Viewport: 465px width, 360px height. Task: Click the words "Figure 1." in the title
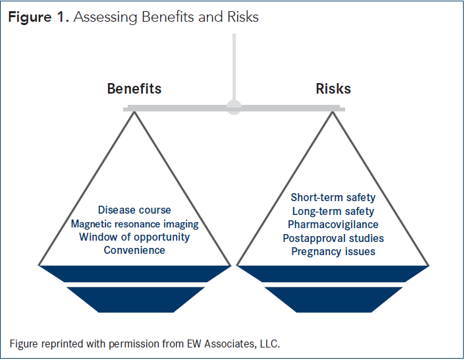pyautogui.click(x=38, y=18)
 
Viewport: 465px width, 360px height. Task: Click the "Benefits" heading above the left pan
pyautogui.click(x=134, y=89)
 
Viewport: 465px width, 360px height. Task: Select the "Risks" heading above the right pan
pyautogui.click(x=333, y=89)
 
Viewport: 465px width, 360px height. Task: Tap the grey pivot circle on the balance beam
pyautogui.click(x=234, y=107)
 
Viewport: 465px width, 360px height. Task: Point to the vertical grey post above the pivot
pyautogui.click(x=234, y=66)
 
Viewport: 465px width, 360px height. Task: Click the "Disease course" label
pyautogui.click(x=134, y=210)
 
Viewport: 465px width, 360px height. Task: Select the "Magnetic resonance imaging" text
pyautogui.click(x=134, y=224)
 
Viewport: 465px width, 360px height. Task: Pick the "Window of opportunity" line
pyautogui.click(x=134, y=237)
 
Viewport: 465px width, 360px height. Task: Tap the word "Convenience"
pyautogui.click(x=134, y=250)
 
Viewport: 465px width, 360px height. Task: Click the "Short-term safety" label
pyautogui.click(x=333, y=198)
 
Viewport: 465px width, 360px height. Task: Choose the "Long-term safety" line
pyautogui.click(x=333, y=211)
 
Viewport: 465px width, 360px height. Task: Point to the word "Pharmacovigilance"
pyautogui.click(x=333, y=225)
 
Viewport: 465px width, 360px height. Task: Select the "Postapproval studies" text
pyautogui.click(x=333, y=238)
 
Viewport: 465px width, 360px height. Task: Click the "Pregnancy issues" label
pyautogui.click(x=333, y=251)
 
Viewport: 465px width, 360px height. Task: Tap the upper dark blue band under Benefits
pyautogui.click(x=134, y=274)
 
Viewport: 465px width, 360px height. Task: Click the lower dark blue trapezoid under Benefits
pyautogui.click(x=134, y=299)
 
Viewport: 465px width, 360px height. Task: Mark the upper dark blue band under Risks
pyautogui.click(x=333, y=274)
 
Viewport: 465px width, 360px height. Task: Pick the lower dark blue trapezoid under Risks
pyautogui.click(x=333, y=299)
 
